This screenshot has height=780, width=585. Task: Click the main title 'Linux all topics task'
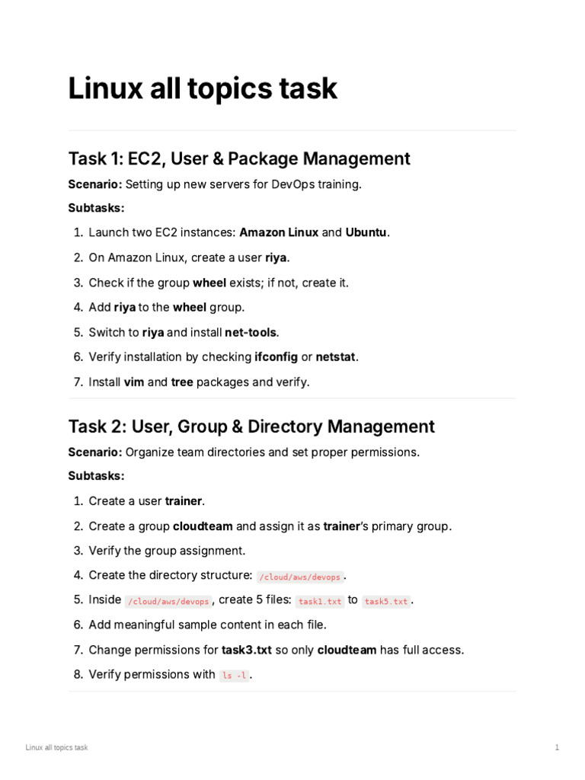203,89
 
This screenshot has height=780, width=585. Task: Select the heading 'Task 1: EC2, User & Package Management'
239,158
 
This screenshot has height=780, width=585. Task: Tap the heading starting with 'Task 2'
251,427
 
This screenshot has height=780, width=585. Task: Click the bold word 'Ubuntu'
367,232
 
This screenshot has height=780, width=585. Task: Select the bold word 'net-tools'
251,332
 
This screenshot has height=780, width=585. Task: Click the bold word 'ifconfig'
276,356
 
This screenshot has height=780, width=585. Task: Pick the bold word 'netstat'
336,356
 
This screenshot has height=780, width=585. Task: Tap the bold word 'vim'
134,382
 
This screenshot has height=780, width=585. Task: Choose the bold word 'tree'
181,382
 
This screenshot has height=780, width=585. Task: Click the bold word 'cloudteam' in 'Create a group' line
203,526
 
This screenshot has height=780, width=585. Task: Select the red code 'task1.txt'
320,601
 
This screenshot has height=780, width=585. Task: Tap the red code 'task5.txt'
386,601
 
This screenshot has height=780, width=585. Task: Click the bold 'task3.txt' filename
247,650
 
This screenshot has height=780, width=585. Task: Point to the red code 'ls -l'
234,676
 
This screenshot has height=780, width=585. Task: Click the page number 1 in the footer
557,748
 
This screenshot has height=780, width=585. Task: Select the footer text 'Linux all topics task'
56,748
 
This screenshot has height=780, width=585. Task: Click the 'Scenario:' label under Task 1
94,184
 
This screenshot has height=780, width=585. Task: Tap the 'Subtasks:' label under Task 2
96,476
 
